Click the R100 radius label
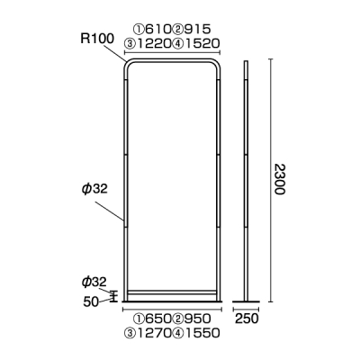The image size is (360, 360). (x=97, y=39)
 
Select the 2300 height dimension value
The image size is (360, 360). (x=279, y=179)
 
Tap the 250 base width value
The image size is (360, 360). (x=247, y=319)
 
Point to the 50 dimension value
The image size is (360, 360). (x=91, y=302)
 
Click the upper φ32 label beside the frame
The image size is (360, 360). (x=94, y=189)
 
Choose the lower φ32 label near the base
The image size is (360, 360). (x=94, y=282)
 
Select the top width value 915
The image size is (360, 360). (x=197, y=29)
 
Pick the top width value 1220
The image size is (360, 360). (x=153, y=44)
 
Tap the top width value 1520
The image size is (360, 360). (x=202, y=44)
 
